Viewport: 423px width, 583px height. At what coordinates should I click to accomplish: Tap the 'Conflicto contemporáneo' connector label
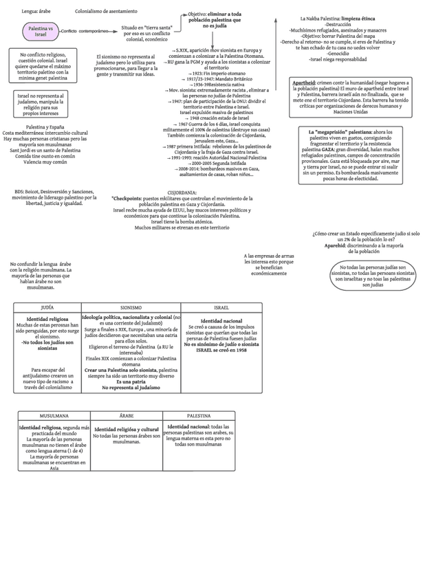coord(84,32)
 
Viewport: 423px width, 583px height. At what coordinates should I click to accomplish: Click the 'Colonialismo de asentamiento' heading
coord(106,12)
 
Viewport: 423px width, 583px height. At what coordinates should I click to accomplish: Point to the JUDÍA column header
coord(47,307)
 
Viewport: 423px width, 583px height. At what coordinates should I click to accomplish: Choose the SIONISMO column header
coord(131,307)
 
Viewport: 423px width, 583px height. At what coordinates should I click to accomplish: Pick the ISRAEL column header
coord(221,307)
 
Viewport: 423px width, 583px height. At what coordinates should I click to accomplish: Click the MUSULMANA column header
coord(54,416)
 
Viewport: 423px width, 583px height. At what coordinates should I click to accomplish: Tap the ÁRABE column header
coord(127,416)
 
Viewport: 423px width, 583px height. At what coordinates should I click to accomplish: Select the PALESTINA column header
coord(199,416)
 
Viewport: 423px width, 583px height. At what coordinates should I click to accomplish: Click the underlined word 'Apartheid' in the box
coord(304,82)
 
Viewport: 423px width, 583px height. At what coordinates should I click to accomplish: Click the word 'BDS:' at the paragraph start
coord(20,192)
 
